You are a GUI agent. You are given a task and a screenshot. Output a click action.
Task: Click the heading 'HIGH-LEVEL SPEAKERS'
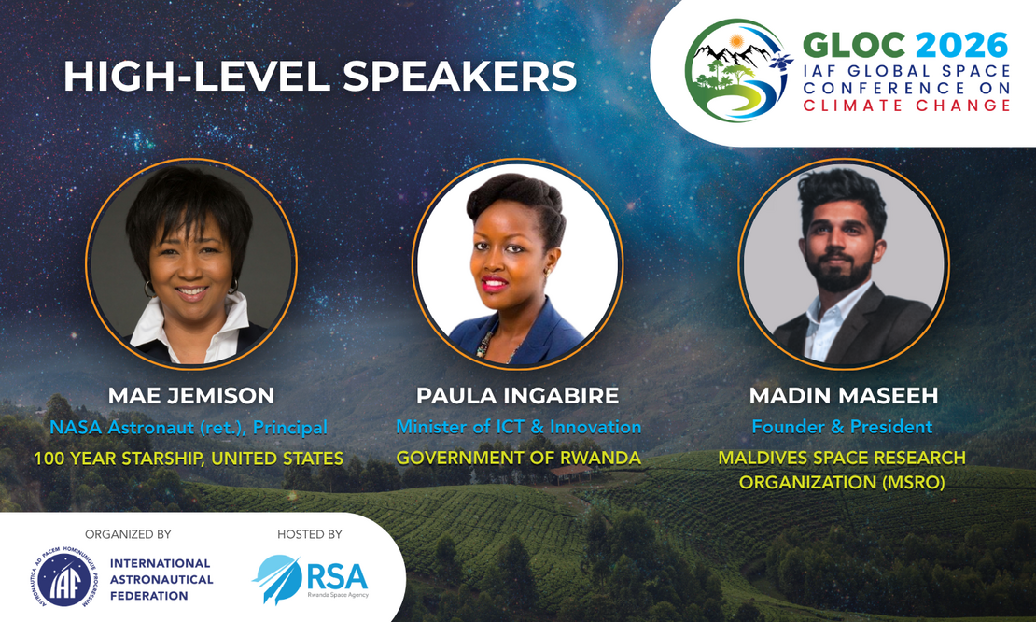pos(320,76)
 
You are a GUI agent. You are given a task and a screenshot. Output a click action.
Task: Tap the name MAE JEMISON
pos(191,395)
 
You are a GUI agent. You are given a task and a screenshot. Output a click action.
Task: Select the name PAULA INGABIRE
pos(517,395)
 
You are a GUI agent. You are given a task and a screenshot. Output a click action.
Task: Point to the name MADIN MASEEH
pos(843,395)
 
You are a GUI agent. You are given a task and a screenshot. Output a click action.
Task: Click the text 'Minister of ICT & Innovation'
pos(519,427)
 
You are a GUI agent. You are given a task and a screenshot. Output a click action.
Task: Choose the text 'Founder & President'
pos(842,427)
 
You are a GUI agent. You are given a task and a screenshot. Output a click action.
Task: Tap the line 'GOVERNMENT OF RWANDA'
pos(519,458)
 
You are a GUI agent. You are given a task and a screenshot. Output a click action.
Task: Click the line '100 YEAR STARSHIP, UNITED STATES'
pos(189,458)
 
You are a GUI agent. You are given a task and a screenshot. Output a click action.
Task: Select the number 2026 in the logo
pos(961,46)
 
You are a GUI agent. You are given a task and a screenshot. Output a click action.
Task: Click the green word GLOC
pos(854,46)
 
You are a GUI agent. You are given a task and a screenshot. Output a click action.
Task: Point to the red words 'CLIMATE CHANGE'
pos(906,106)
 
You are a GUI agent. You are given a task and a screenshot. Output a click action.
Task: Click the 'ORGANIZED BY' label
pos(128,534)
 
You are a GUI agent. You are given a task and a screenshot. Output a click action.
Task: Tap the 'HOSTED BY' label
pos(309,534)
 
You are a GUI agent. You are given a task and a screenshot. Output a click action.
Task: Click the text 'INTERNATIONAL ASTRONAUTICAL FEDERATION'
pos(161,580)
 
